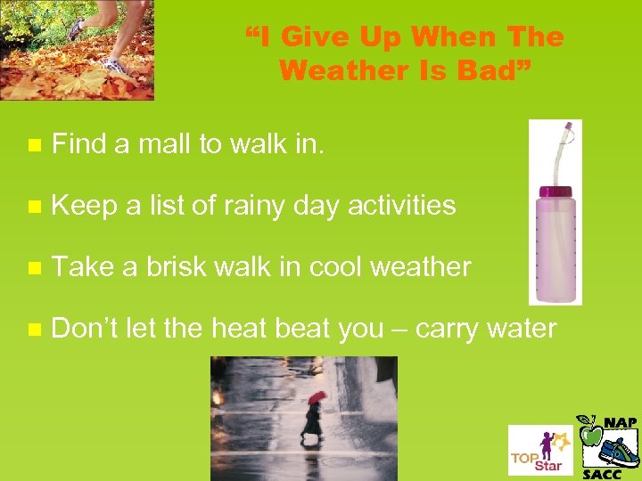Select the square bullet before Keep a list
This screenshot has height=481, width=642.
[x=33, y=207]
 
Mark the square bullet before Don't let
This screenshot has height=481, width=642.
[x=33, y=330]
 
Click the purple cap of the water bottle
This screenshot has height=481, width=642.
[x=556, y=191]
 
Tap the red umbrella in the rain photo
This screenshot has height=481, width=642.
[x=317, y=397]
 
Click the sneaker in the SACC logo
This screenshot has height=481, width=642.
[x=618, y=451]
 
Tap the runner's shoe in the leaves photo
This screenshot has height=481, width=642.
[x=114, y=65]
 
